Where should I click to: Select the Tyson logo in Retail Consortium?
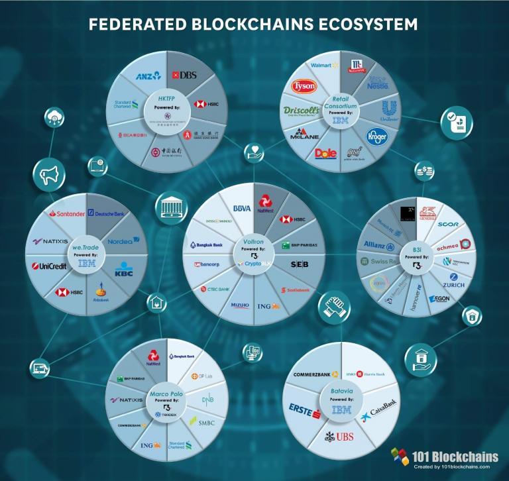pyautogui.click(x=305, y=87)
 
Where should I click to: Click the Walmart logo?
pyautogui.click(x=321, y=66)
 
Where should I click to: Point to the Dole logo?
pyautogui.click(x=326, y=153)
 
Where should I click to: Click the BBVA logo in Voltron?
pyautogui.click(x=241, y=208)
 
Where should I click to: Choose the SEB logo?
pyautogui.click(x=300, y=264)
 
